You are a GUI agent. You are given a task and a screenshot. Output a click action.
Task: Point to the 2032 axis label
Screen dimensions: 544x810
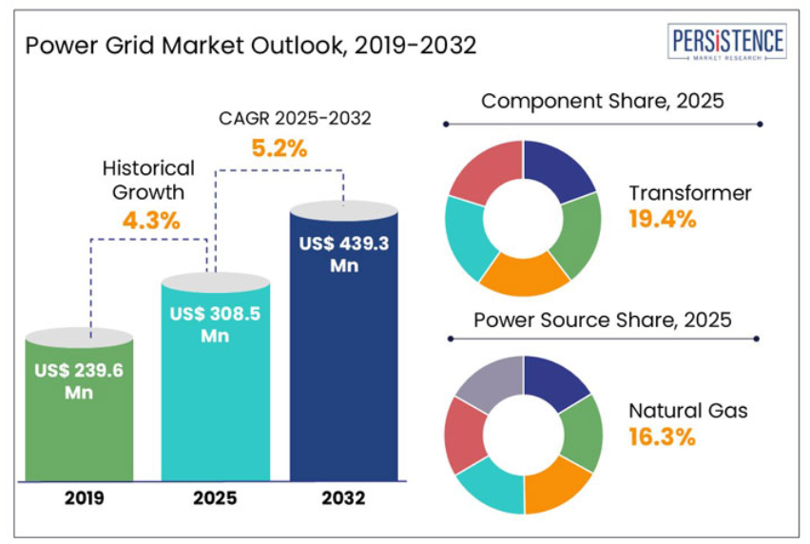343,497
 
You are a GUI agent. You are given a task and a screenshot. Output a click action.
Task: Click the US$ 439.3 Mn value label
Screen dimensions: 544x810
343,255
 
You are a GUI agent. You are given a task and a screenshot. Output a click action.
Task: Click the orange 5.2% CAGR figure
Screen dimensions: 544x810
279,148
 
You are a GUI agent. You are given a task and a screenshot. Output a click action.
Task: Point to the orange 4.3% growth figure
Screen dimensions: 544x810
151,220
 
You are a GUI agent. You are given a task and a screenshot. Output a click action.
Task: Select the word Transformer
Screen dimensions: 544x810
689,193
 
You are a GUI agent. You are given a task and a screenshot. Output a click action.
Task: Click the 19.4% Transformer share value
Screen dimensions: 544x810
662,220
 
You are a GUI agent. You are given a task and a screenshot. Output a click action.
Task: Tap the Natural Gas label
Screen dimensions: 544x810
687,411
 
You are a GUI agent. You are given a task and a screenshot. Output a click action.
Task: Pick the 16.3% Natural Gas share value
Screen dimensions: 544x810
662,437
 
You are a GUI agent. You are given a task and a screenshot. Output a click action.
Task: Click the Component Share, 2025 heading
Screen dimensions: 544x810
603,101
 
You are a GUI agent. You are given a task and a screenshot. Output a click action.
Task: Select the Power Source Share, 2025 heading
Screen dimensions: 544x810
603,320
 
